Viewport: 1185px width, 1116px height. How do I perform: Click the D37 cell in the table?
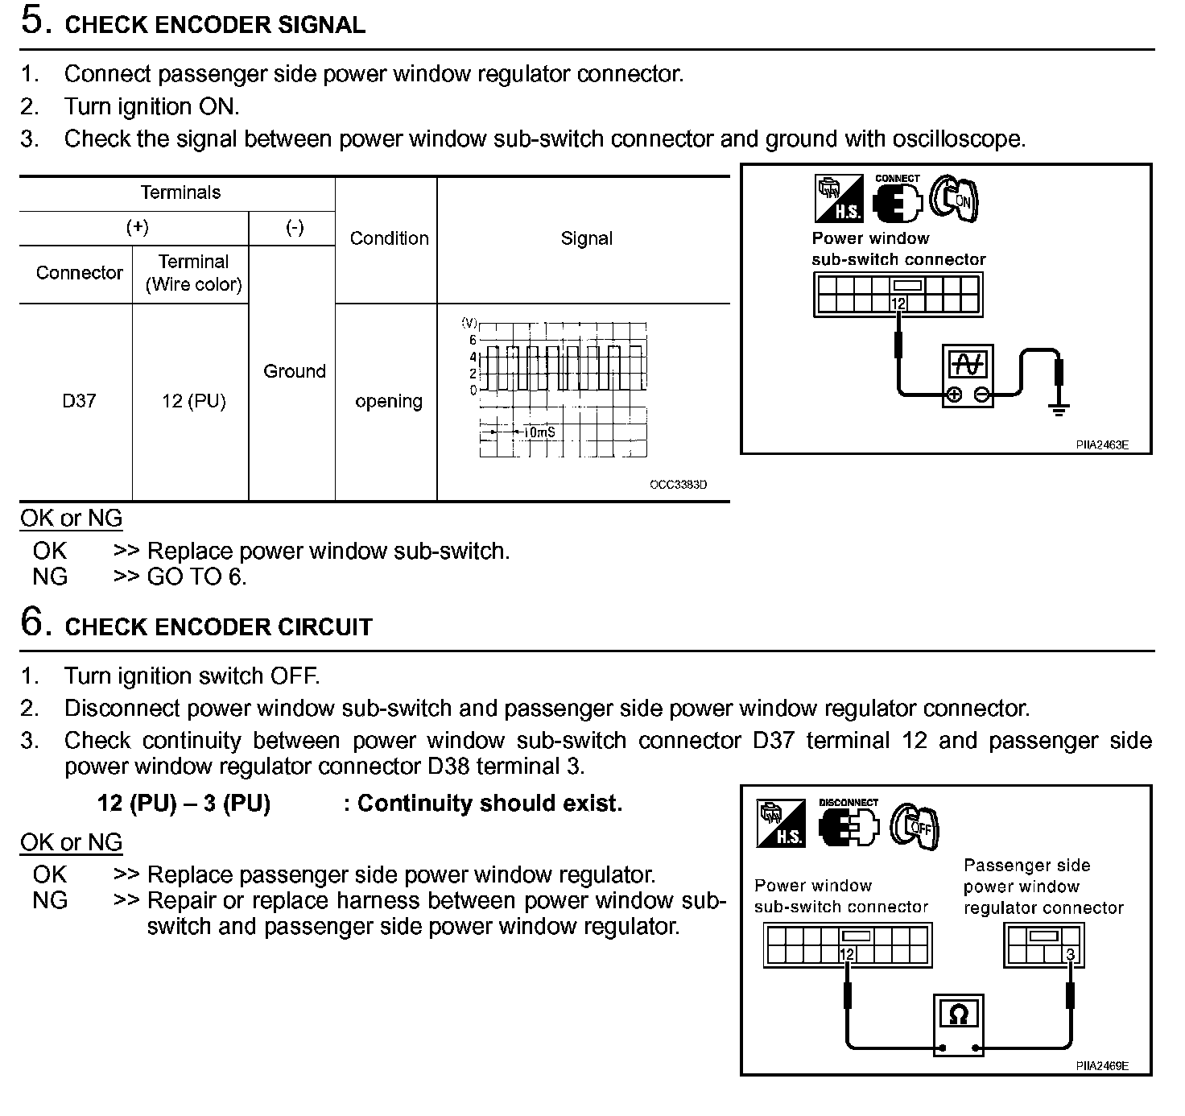pos(79,401)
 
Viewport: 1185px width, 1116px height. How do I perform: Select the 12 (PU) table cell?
pos(193,401)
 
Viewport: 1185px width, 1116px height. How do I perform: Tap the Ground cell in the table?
pos(295,371)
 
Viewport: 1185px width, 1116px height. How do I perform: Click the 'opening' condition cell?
pos(389,401)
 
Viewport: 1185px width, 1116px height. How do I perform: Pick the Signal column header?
pos(587,238)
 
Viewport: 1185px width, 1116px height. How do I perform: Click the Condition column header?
pos(389,238)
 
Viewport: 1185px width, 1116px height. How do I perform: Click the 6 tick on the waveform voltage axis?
pos(473,341)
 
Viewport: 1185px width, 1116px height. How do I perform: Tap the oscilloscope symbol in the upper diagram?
pos(968,375)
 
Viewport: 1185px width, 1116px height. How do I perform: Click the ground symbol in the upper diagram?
pos(1059,409)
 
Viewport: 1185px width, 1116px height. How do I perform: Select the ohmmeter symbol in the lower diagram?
pos(958,1023)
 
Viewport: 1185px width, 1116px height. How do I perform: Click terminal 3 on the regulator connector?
pos(1070,955)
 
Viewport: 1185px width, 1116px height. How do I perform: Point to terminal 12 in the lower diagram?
pos(846,955)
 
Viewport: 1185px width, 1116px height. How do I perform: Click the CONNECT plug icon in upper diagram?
pos(897,200)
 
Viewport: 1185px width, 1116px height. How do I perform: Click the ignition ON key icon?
pos(956,198)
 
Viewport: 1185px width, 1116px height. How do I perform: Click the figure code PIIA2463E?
pos(1102,444)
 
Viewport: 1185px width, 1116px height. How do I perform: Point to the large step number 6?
pos(33,622)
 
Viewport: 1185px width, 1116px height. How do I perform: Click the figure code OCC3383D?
pos(679,485)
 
